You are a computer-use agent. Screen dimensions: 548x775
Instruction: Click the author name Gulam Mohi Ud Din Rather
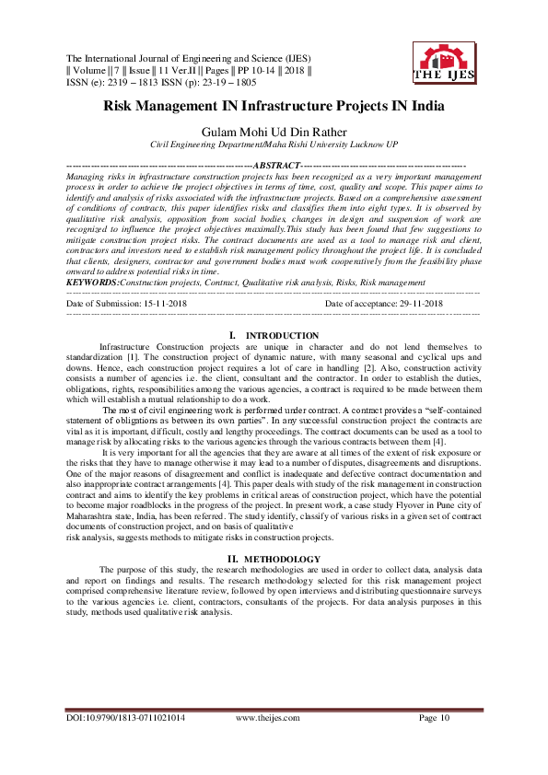pyautogui.click(x=274, y=132)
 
